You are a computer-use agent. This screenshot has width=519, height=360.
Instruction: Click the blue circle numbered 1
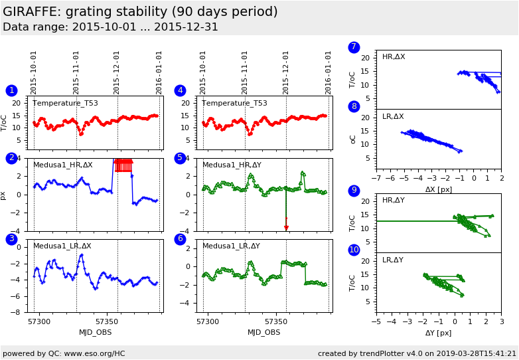tap(11, 91)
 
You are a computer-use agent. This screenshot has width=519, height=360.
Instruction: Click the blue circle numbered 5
tap(180, 158)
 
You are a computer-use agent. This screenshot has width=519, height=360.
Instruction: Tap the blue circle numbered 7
tap(354, 47)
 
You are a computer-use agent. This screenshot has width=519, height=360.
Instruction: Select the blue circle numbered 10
tap(354, 250)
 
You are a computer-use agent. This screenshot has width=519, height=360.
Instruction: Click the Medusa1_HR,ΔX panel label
tap(63, 165)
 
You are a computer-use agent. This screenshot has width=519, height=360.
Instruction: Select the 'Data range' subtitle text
tap(110, 27)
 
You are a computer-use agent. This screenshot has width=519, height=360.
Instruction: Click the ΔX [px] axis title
tap(439, 189)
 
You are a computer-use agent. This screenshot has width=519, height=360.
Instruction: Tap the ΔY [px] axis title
tap(439, 333)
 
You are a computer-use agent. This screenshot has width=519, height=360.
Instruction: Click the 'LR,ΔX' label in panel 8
tap(394, 116)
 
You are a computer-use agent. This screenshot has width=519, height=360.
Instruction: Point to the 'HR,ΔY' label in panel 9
tap(394, 200)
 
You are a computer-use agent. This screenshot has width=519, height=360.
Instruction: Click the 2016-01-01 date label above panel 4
tap(329, 72)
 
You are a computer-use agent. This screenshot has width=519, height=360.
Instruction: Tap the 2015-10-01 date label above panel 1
tap(34, 72)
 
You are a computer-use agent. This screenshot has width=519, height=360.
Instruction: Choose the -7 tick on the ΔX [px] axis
tap(376, 178)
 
